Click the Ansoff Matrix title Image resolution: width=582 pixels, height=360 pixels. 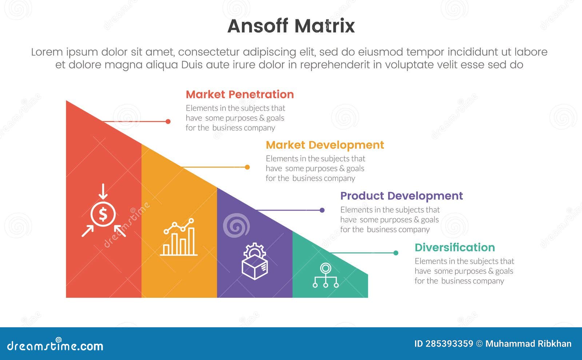291,26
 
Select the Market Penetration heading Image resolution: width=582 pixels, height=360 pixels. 239,95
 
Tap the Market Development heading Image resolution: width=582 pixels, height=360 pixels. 324,145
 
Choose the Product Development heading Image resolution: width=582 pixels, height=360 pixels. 401,196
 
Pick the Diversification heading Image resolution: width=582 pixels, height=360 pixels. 454,248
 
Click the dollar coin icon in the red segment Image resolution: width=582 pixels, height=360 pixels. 103,215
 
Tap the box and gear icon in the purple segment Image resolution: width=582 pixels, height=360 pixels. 255,261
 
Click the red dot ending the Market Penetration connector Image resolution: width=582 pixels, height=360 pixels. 168,121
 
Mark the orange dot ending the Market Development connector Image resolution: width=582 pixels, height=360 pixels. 247,167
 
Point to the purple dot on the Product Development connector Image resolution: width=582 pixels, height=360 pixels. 322,210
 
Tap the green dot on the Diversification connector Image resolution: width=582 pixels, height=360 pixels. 396,253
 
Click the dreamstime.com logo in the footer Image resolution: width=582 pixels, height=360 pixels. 55,345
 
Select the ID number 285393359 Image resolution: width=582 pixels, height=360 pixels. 449,344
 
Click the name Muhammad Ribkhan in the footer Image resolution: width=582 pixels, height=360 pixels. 528,344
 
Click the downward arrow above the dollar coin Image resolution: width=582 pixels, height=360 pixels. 103,191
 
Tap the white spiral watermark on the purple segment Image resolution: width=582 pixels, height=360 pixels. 236,225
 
